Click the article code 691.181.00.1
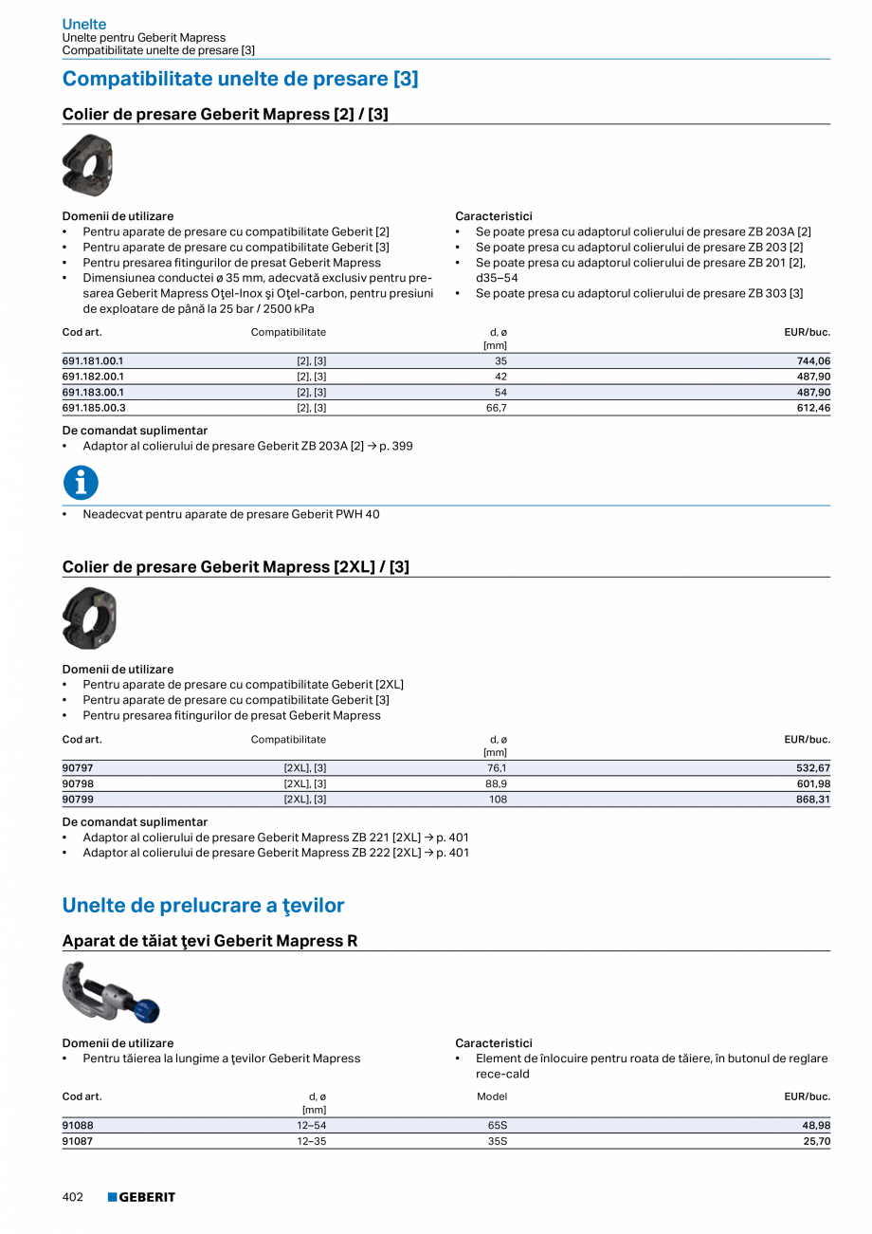click(93, 361)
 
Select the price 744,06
click(813, 361)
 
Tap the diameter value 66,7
click(495, 408)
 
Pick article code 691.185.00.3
click(94, 408)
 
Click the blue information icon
click(81, 483)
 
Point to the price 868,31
click(813, 800)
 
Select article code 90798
click(78, 784)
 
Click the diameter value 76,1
click(496, 768)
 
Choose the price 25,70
click(816, 1141)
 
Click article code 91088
click(78, 1126)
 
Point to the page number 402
click(73, 1197)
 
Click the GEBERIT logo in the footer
click(141, 1197)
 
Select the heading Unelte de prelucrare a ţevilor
click(203, 906)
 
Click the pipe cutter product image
click(110, 992)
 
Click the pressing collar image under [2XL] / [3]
click(89, 618)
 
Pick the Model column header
click(492, 1096)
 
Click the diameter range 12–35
click(313, 1141)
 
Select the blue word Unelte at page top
click(84, 24)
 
